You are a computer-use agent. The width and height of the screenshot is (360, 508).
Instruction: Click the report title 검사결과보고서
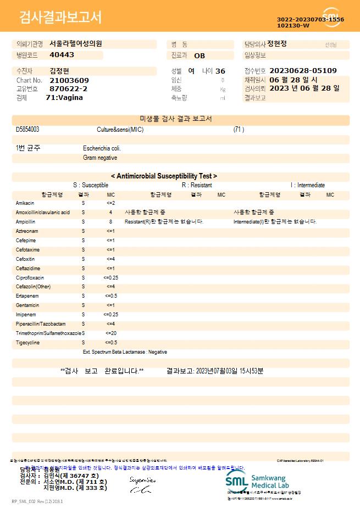[60, 18]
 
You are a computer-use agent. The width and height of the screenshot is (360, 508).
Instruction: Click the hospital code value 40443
[62, 55]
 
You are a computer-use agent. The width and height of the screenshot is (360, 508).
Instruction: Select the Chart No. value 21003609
[69, 80]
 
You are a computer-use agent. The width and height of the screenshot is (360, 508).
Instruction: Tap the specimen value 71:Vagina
[64, 97]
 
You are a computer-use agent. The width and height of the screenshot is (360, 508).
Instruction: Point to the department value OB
[200, 55]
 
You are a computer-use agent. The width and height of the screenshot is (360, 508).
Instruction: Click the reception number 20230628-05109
[303, 71]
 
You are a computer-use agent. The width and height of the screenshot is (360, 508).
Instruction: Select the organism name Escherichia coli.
[102, 148]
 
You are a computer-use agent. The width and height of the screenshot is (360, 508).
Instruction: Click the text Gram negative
[100, 158]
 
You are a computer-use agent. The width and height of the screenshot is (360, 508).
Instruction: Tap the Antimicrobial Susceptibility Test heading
[164, 176]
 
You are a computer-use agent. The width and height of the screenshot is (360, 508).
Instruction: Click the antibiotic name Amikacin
[25, 203]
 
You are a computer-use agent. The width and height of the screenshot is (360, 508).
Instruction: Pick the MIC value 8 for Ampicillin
[110, 222]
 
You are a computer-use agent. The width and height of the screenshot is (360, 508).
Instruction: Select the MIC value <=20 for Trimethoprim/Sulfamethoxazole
[110, 333]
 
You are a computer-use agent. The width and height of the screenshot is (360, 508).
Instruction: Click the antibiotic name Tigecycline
[27, 343]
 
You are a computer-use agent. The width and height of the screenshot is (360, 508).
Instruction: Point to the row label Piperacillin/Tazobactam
[41, 324]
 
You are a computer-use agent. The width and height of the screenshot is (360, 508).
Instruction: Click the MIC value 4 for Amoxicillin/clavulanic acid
[110, 213]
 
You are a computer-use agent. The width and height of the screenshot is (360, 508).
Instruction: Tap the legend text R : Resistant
[197, 186]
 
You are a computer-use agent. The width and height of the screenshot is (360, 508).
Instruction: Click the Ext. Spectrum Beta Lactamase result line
[125, 352]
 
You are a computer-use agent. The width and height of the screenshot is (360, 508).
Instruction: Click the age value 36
[220, 71]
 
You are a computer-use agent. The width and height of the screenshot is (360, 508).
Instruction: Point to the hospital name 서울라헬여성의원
[76, 44]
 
